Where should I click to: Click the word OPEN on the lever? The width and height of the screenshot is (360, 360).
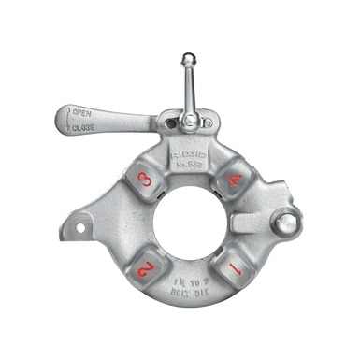point(82,113)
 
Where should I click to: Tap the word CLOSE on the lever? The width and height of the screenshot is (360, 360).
point(83,127)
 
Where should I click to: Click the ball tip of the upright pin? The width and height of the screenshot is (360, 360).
point(188,60)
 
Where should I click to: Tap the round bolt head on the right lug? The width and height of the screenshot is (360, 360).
point(286,222)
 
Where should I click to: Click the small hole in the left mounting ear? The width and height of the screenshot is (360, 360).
point(79,226)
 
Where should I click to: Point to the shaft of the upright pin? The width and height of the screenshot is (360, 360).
point(189,89)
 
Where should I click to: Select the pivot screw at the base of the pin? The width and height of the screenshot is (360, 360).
point(190,120)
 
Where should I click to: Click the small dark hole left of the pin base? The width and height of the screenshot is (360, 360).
point(168,122)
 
